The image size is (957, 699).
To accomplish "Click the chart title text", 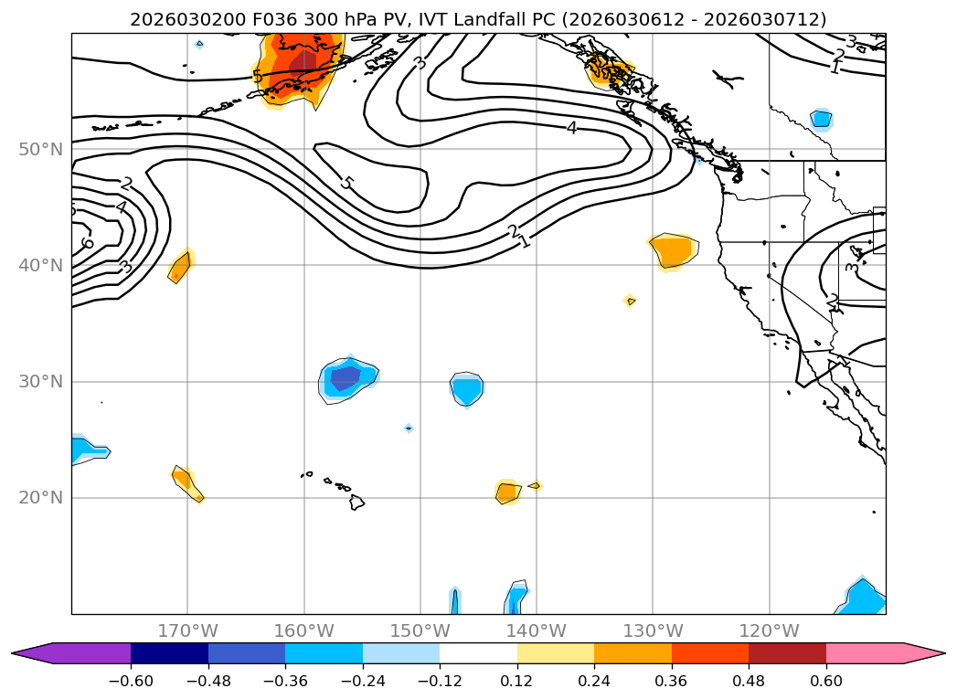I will click(x=478, y=19).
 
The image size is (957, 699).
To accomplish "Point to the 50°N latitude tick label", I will click(x=40, y=149).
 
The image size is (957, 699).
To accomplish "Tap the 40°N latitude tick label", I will click(x=40, y=265).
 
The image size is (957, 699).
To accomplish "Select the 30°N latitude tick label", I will click(x=40, y=381).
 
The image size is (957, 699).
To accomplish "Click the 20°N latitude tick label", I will click(x=40, y=497).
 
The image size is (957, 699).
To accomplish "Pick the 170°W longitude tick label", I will click(x=187, y=630).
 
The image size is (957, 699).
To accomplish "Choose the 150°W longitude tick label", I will click(x=420, y=630).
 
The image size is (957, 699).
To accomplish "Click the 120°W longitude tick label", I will click(x=769, y=630).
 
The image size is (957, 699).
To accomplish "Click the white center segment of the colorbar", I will click(x=478, y=652).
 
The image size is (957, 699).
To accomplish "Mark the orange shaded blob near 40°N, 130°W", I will click(x=675, y=249).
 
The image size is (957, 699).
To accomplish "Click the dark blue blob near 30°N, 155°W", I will click(x=346, y=376).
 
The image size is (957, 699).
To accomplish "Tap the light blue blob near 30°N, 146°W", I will click(x=467, y=389).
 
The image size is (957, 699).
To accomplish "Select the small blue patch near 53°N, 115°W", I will click(x=821, y=119).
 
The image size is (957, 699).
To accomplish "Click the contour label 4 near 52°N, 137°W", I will click(x=571, y=128).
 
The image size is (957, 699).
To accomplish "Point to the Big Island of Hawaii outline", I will click(x=356, y=503).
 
